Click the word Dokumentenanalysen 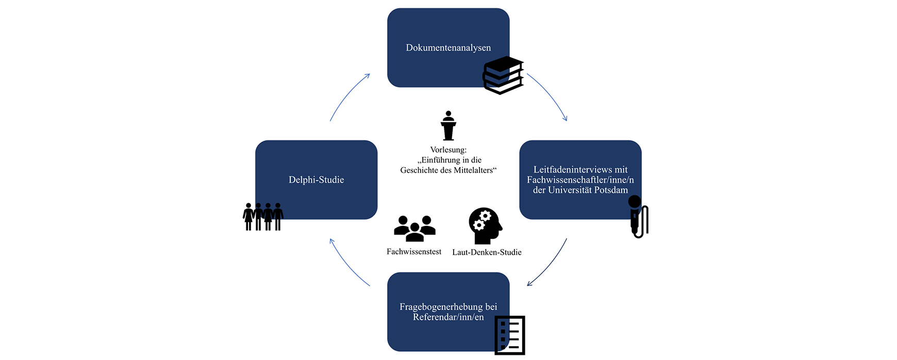[x=448, y=48]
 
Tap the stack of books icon [x=503, y=75]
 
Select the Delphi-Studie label [x=316, y=180]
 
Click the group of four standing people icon [x=263, y=217]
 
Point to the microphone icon [x=638, y=216]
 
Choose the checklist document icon [x=509, y=335]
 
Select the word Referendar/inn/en [x=448, y=317]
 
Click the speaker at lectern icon [x=448, y=126]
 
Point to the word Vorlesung [x=448, y=150]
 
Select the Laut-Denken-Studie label [x=487, y=252]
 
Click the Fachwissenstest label [x=414, y=252]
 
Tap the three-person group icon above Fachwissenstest [x=414, y=228]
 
